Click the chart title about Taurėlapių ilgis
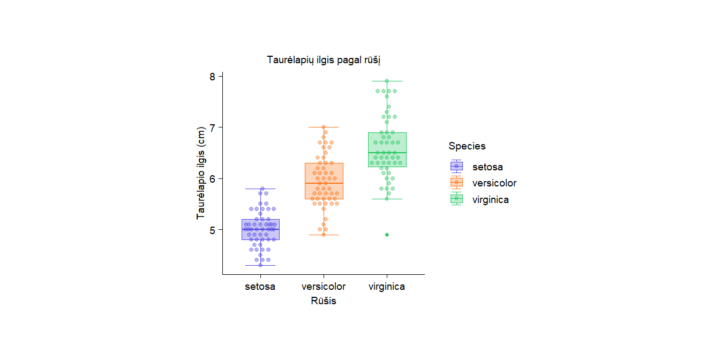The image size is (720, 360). (324, 60)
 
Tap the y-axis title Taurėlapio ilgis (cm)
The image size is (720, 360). (201, 173)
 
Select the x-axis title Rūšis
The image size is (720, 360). (324, 301)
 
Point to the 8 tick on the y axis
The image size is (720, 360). (212, 77)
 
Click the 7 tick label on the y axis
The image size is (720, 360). (212, 127)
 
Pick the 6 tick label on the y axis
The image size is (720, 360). (212, 178)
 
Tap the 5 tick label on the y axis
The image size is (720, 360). (212, 230)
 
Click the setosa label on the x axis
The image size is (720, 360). (260, 287)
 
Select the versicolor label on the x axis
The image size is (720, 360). (324, 287)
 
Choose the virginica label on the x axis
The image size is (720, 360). (387, 287)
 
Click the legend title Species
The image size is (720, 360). (467, 146)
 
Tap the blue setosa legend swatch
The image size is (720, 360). (456, 167)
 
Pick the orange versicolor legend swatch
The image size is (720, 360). (456, 183)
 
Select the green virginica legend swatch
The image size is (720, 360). (456, 199)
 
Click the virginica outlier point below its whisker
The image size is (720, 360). (387, 235)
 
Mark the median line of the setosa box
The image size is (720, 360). (260, 229)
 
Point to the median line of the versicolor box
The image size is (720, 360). (324, 183)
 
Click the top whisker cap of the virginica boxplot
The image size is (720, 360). (387, 81)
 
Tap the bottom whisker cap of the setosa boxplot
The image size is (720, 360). (260, 265)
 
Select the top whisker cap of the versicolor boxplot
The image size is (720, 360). (324, 127)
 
